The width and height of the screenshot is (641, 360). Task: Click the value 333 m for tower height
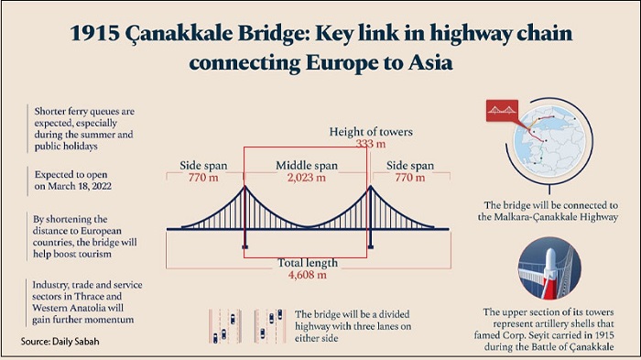[x=372, y=145]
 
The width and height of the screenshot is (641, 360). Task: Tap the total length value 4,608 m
[x=307, y=273]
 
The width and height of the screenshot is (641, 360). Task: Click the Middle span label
[x=307, y=165]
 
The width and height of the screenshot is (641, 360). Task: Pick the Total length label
[x=307, y=261]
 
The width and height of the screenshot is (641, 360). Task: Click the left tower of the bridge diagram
[x=244, y=216]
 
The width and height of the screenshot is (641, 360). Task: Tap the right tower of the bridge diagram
[x=370, y=216]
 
